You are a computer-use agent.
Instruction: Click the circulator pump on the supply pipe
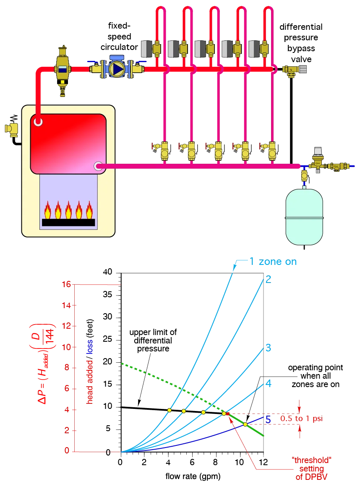pyautogui.click(x=116, y=67)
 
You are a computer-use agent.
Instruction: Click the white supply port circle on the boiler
pyautogui.click(x=38, y=122)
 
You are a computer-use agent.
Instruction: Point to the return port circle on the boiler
pyautogui.click(x=99, y=167)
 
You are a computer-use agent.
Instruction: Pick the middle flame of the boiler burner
pyautogui.click(x=68, y=210)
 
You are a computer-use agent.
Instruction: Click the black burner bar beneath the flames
pyautogui.click(x=68, y=223)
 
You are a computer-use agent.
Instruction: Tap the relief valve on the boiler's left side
pyautogui.click(x=11, y=128)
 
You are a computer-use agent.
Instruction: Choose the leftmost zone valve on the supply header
pyautogui.click(x=157, y=49)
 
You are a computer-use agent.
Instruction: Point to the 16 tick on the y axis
pyautogui.click(x=66, y=284)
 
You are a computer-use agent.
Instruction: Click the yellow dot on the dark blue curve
pyautogui.click(x=245, y=424)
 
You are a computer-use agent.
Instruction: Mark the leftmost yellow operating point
pyautogui.click(x=170, y=410)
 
